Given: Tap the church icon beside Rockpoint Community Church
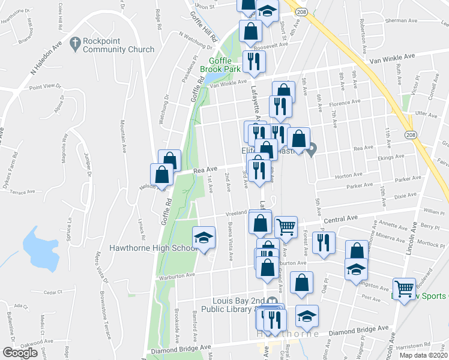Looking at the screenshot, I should (75, 43).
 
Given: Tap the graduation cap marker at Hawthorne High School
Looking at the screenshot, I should (203, 237).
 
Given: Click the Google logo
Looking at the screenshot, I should (20, 353).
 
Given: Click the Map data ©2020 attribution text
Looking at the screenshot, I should (424, 355).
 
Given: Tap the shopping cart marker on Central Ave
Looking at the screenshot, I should (286, 227).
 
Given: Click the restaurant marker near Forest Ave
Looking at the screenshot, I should (324, 242).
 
